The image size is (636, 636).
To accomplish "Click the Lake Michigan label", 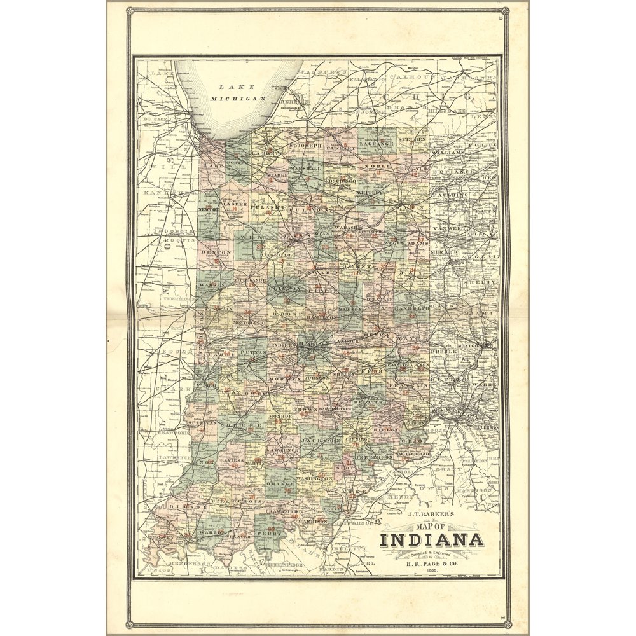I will (237, 93).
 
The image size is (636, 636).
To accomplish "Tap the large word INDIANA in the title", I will (431, 541).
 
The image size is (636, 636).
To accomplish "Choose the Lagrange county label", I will (373, 144).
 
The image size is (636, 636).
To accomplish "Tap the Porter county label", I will (237, 162).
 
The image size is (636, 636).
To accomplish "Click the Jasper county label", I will (234, 204).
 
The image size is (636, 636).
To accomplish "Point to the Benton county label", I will (208, 252).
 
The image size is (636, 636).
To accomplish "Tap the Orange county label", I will (279, 483).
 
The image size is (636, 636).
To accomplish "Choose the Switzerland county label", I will (413, 454).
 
